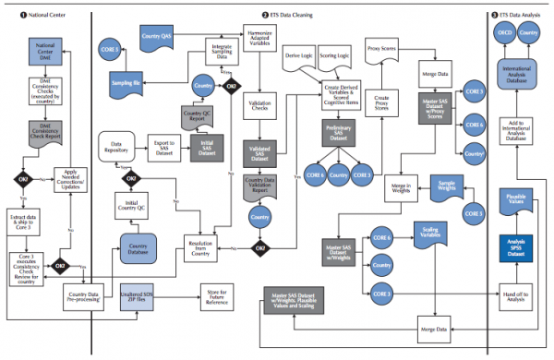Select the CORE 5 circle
[110, 54]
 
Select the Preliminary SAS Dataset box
[338, 135]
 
